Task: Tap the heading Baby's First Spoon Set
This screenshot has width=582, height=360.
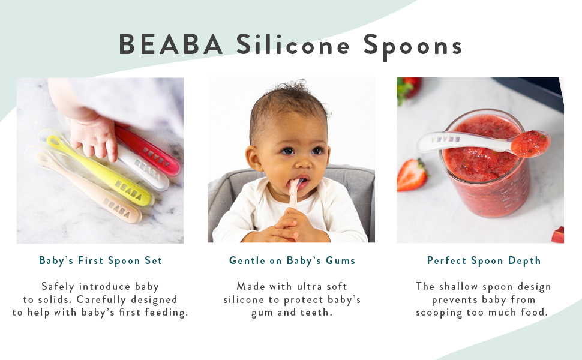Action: (x=100, y=260)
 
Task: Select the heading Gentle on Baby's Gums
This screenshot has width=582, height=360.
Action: (x=292, y=260)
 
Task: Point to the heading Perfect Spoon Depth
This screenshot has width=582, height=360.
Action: (x=484, y=260)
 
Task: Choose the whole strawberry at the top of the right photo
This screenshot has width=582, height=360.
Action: (x=408, y=88)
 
